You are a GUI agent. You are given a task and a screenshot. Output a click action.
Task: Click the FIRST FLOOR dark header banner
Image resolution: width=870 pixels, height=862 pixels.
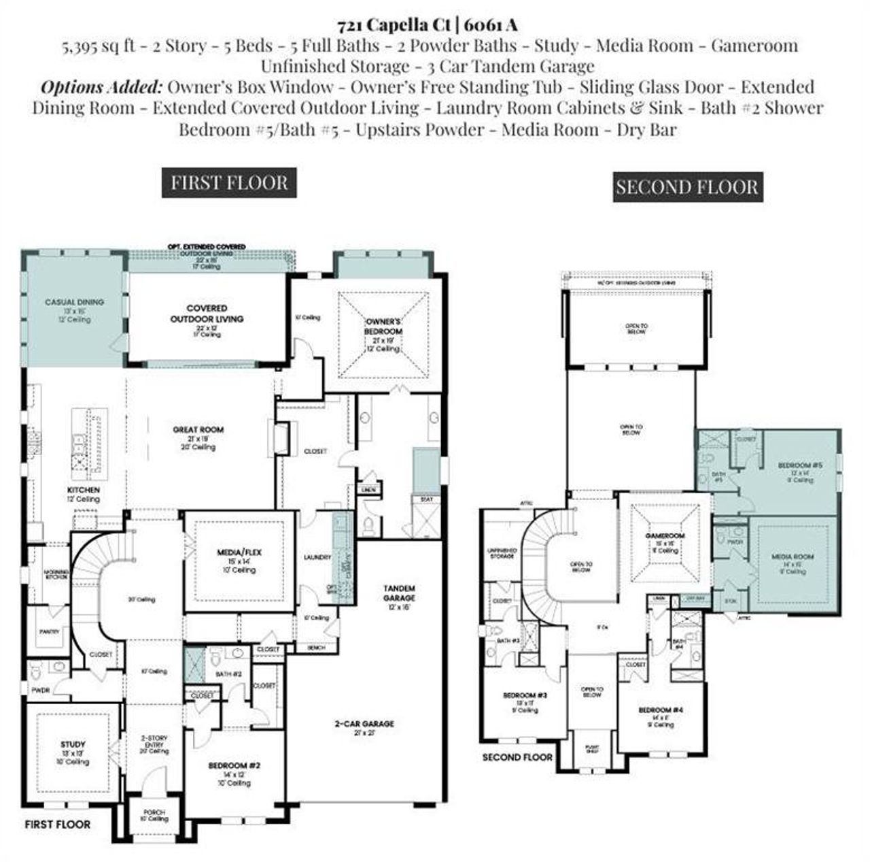(229, 183)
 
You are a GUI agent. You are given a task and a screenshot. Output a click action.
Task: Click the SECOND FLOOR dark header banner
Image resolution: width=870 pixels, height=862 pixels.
(686, 187)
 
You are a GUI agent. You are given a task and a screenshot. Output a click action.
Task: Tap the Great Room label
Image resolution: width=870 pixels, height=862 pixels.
(198, 430)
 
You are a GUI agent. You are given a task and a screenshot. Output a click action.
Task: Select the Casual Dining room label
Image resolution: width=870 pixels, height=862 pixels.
(74, 302)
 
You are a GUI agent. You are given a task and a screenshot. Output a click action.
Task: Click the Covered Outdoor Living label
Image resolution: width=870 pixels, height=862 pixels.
(207, 314)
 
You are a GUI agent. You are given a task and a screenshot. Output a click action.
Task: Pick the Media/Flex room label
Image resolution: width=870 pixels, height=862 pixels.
(239, 552)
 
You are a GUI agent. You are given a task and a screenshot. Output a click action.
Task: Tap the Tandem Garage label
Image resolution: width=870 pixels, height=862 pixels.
(400, 593)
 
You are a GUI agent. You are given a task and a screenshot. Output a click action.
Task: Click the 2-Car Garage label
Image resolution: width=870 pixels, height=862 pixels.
(364, 724)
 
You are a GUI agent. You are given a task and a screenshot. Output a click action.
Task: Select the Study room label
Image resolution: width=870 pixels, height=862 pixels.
(73, 744)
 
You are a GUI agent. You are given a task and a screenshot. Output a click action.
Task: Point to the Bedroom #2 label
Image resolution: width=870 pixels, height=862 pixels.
(234, 765)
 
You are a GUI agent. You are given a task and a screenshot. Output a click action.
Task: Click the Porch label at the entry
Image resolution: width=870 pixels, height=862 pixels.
(154, 812)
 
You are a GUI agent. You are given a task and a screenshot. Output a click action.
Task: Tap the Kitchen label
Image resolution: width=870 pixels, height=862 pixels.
(84, 490)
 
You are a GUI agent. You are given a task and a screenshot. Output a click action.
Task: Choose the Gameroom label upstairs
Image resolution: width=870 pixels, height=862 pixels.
(664, 536)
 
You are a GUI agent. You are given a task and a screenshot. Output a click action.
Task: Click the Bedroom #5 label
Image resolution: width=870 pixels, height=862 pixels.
(800, 465)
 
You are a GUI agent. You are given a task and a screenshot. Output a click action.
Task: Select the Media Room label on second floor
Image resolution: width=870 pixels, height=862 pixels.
(793, 557)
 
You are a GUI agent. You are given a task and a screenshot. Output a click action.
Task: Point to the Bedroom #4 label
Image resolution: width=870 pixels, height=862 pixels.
(660, 710)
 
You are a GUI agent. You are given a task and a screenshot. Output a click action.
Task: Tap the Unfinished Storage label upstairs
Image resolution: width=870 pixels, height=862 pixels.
(502, 553)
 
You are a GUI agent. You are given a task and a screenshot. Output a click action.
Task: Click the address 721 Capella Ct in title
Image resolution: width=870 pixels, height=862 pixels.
(396, 26)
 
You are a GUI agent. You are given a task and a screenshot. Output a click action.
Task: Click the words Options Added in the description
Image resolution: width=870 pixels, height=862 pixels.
(101, 87)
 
